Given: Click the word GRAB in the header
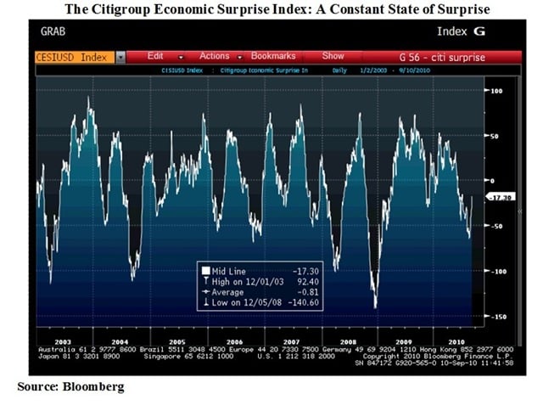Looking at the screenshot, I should coord(54,31).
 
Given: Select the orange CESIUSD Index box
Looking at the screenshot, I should coord(74,57).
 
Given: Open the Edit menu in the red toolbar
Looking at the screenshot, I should coord(155,56).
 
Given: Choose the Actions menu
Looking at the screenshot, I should coord(215,56).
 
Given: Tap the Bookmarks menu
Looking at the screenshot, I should coord(272,56).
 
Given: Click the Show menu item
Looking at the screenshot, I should coord(333,56).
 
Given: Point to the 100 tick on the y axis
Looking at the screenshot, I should coord(497,90).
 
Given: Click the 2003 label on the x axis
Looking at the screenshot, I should coord(62,340).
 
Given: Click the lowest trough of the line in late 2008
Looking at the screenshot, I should coord(375,307).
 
